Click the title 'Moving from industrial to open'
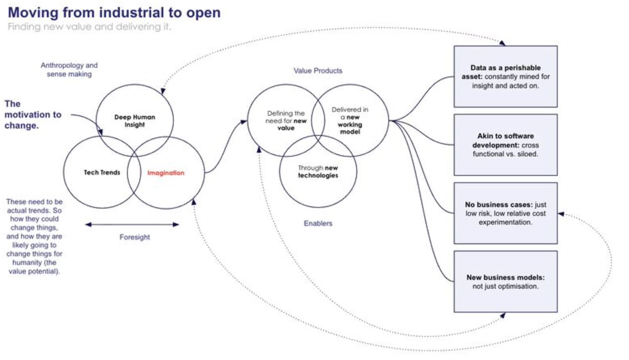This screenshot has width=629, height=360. [114, 13]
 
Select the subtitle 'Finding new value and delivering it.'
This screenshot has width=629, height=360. [89, 27]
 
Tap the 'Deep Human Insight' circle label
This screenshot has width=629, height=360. [135, 121]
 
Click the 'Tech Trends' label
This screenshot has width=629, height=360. [102, 173]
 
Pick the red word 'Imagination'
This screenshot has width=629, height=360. [166, 173]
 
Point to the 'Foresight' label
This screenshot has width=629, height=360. [134, 237]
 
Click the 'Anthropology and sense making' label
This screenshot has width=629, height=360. [69, 69]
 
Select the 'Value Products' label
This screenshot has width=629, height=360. [318, 71]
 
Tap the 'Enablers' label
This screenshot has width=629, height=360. [318, 223]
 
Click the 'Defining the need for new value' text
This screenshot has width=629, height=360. [286, 120]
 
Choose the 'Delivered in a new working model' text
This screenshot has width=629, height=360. [350, 120]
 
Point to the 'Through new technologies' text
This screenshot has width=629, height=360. [318, 171]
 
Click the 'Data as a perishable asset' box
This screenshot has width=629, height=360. [505, 76]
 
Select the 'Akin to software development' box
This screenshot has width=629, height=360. [505, 145]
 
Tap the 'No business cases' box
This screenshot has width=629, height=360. [505, 213]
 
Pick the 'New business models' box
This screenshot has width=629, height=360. [505, 282]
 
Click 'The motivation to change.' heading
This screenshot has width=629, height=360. [33, 115]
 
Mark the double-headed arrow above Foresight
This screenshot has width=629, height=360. [132, 225]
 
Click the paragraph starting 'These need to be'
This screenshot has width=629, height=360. [34, 236]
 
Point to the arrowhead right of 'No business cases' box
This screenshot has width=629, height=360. [561, 214]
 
